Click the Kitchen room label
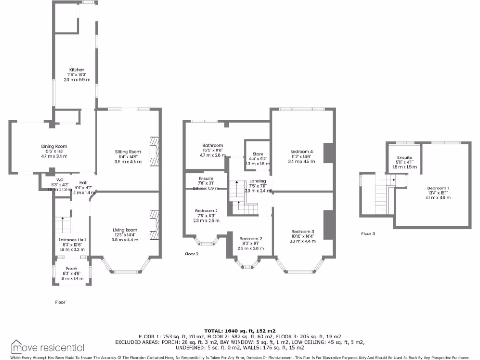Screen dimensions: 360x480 click(77, 70)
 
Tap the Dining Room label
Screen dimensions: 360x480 click(54, 146)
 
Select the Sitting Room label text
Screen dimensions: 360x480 click(128, 152)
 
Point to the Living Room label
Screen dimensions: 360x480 click(125, 230)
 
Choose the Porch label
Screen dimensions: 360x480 click(72, 269)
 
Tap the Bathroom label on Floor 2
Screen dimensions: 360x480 click(212, 145)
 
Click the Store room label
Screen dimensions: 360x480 click(258, 154)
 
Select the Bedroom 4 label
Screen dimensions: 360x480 click(301, 151)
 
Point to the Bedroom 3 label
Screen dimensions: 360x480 click(303, 232)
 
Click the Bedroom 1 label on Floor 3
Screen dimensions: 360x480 click(438, 187)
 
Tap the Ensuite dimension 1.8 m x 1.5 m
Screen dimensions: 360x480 click(405, 167)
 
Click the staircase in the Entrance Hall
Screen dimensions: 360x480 click(62, 225)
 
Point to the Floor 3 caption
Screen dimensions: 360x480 click(368, 233)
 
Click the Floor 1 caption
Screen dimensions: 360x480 click(61, 302)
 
